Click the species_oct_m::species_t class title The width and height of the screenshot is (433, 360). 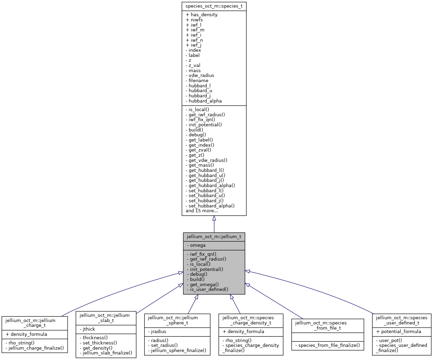pyautogui.click(x=214, y=6)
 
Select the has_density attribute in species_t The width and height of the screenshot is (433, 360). pyautogui.click(x=204, y=15)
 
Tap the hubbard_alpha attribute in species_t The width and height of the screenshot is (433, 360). pyautogui.click(x=205, y=101)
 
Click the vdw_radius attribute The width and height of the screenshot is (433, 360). pyautogui.click(x=201, y=76)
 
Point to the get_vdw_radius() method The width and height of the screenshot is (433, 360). pyautogui.click(x=208, y=160)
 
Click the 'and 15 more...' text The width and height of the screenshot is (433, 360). pyautogui.click(x=201, y=211)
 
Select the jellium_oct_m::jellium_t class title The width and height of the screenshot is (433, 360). pyautogui.click(x=214, y=237)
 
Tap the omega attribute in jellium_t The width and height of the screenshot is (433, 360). pyautogui.click(x=198, y=245)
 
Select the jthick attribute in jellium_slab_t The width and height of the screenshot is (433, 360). pyautogui.click(x=89, y=329)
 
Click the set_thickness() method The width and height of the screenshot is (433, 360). pyautogui.click(x=100, y=343)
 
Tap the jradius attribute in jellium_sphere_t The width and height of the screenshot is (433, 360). pyautogui.click(x=159, y=332)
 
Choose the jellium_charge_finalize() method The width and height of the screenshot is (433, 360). pyautogui.click(x=36, y=348)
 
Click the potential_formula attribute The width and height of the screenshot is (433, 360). pyautogui.click(x=401, y=332)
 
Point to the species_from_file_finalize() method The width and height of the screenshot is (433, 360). pyautogui.click(x=327, y=346)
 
